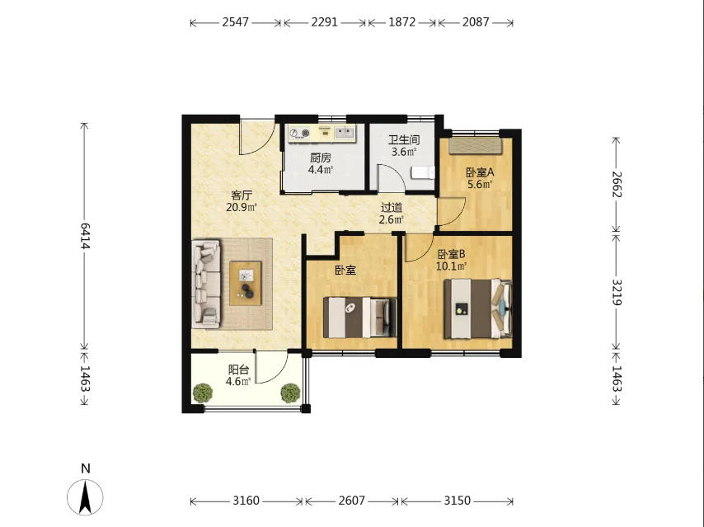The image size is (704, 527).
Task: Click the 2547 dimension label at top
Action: tap(235, 22)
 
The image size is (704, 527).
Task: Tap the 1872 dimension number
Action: tap(401, 22)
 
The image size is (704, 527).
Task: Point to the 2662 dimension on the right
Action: tap(617, 184)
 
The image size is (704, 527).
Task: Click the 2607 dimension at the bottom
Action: tap(351, 501)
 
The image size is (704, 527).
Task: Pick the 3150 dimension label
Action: tap(458, 501)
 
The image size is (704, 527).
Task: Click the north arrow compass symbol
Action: tap(85, 497)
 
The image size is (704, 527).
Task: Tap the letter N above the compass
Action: tap(85, 468)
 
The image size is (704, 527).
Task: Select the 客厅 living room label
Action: tap(242, 195)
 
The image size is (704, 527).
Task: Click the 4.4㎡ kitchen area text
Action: tap(321, 170)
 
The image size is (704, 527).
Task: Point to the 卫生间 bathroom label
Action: tap(404, 139)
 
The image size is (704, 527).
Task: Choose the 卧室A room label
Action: tap(480, 172)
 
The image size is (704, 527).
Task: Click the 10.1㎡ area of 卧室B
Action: tap(452, 266)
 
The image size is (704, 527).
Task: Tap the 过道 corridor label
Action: tap(392, 208)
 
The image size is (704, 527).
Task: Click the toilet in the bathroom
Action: tap(424, 172)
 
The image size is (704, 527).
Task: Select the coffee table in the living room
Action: tap(245, 284)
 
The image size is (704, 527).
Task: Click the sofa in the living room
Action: tap(207, 284)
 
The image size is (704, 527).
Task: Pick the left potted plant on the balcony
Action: tap(203, 393)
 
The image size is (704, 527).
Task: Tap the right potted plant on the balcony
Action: tap(290, 393)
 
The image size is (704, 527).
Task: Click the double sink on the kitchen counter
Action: tap(345, 133)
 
